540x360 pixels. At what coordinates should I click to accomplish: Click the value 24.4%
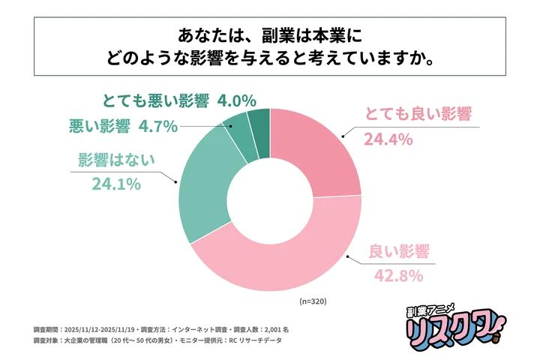[389, 139]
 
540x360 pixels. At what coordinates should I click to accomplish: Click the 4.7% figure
[157, 126]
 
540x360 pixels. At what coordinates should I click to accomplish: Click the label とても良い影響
[417, 115]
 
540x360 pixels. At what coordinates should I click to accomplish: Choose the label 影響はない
[115, 160]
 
